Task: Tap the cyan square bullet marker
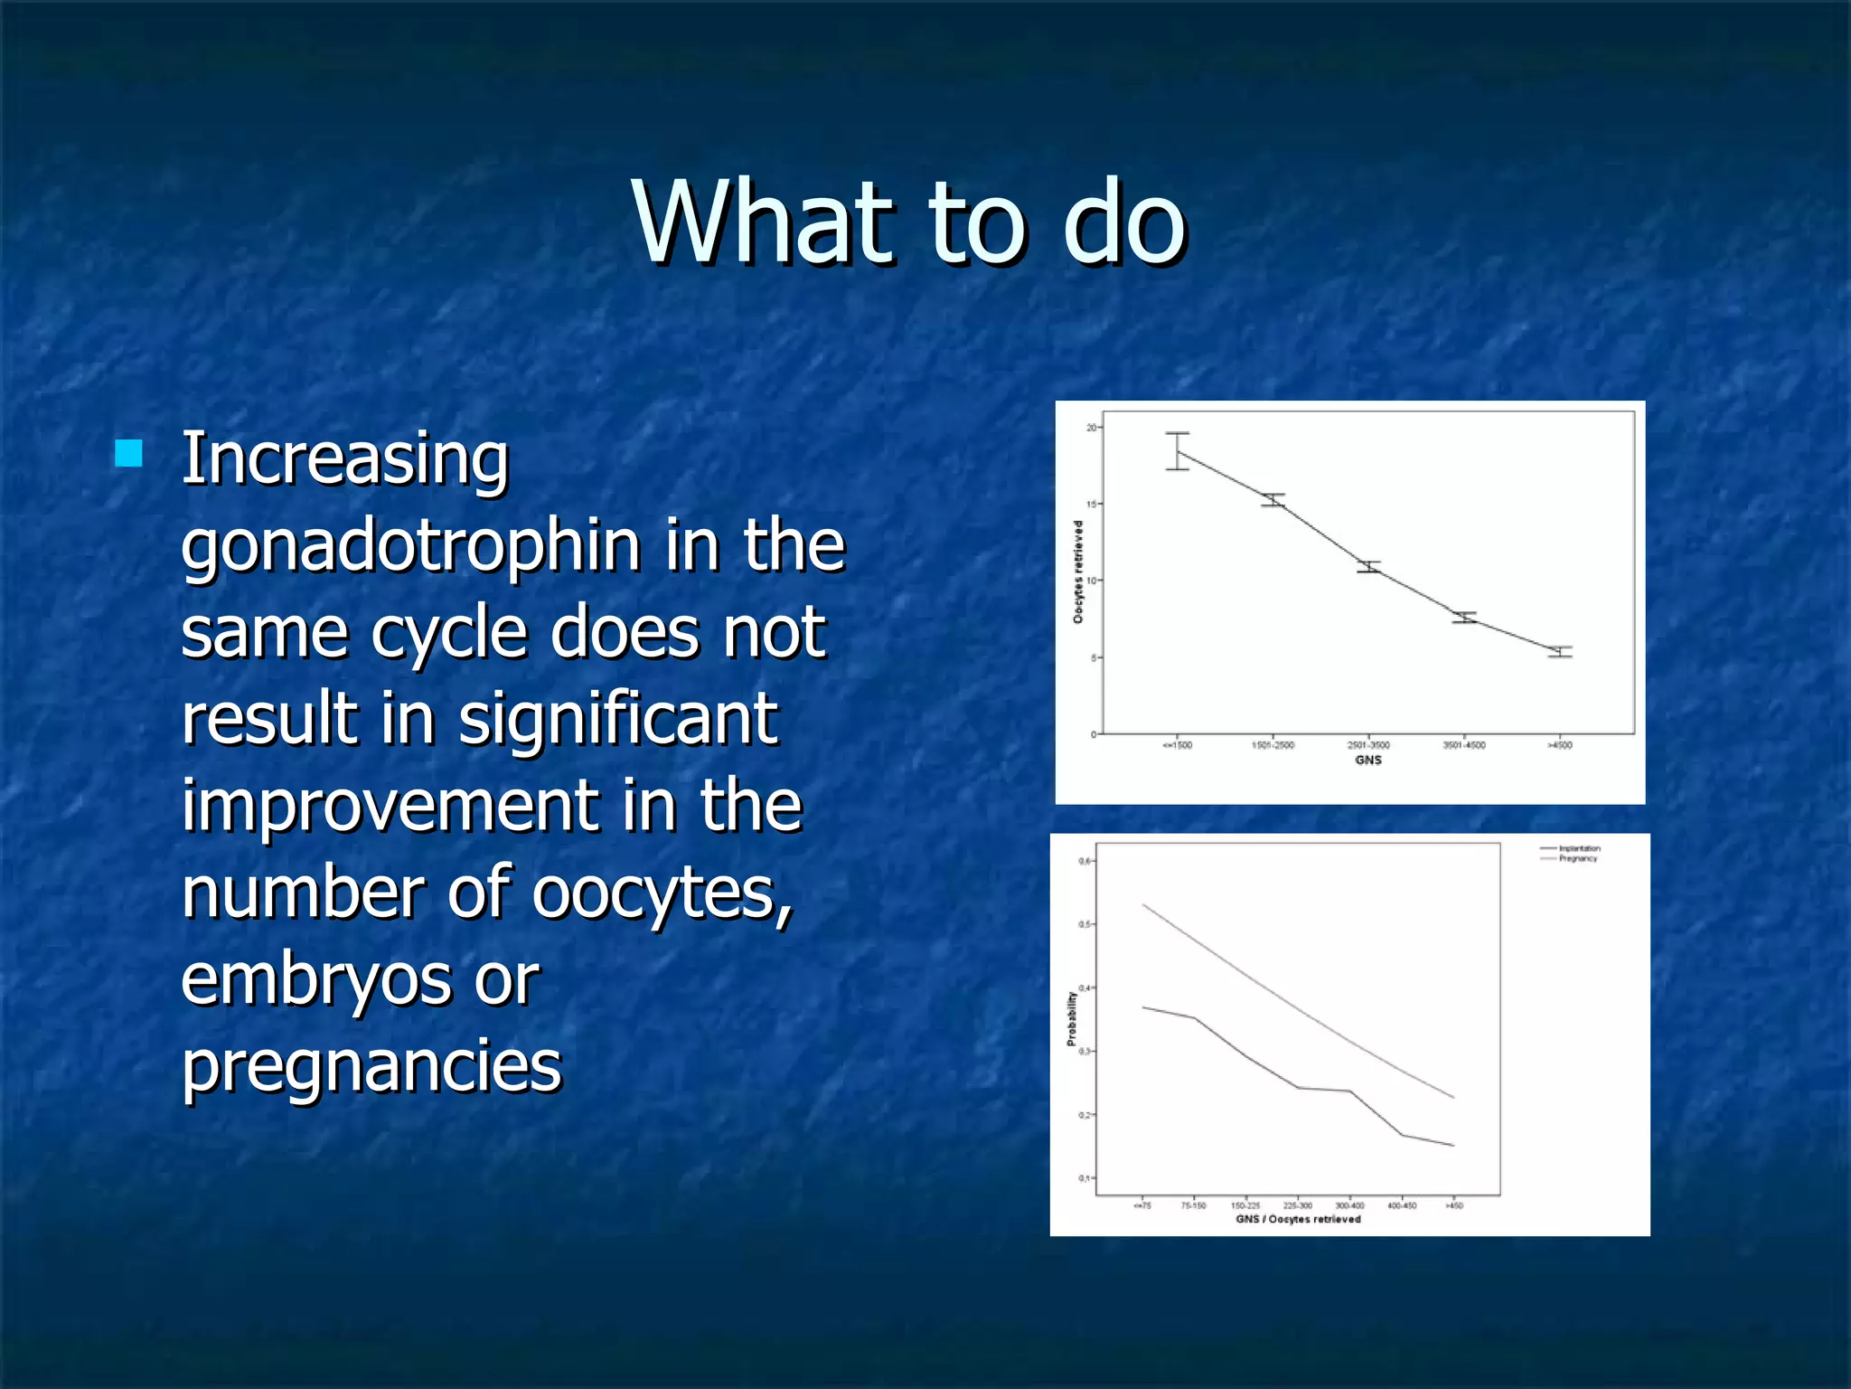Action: click(x=129, y=453)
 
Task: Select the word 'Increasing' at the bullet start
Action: click(x=345, y=459)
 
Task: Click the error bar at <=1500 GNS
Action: click(x=1177, y=450)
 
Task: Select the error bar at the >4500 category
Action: click(x=1559, y=651)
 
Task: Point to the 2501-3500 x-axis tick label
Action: click(x=1368, y=745)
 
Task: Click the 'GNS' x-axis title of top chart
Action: click(x=1368, y=761)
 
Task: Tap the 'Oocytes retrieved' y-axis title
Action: click(x=1078, y=572)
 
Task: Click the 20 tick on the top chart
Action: click(x=1091, y=428)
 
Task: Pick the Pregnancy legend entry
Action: click(x=1577, y=858)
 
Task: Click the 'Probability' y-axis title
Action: click(x=1072, y=1018)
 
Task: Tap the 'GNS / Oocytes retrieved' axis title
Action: click(x=1298, y=1219)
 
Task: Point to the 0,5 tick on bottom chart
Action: click(x=1085, y=924)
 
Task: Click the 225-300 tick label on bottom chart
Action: click(x=1297, y=1205)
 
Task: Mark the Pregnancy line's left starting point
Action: click(x=1143, y=904)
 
